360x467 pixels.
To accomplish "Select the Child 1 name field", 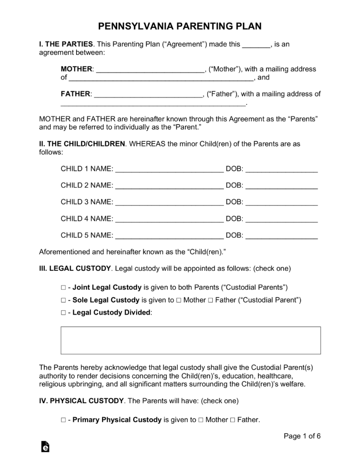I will (x=169, y=170).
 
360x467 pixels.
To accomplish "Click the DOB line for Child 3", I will (x=282, y=203).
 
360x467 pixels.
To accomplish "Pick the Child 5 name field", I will (x=169, y=236).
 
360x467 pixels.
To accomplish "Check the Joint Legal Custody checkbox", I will (x=63, y=287).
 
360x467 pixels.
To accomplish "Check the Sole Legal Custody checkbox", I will (x=63, y=300).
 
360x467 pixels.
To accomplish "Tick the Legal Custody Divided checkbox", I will (x=63, y=313).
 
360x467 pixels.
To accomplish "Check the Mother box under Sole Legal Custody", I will (x=178, y=300).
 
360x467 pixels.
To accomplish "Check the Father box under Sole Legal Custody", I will (x=210, y=300).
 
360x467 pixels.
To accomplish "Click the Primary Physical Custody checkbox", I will (x=63, y=420).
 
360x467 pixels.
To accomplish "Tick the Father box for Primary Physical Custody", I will (x=232, y=420).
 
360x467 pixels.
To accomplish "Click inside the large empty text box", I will (x=190, y=340).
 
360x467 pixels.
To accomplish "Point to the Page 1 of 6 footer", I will (x=302, y=436).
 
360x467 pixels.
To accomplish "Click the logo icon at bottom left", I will (x=45, y=447).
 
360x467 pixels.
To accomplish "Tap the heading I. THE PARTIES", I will (x=66, y=44).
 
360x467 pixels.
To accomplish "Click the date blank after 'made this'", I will (x=256, y=45).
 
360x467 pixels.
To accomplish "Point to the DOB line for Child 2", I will (x=282, y=186).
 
